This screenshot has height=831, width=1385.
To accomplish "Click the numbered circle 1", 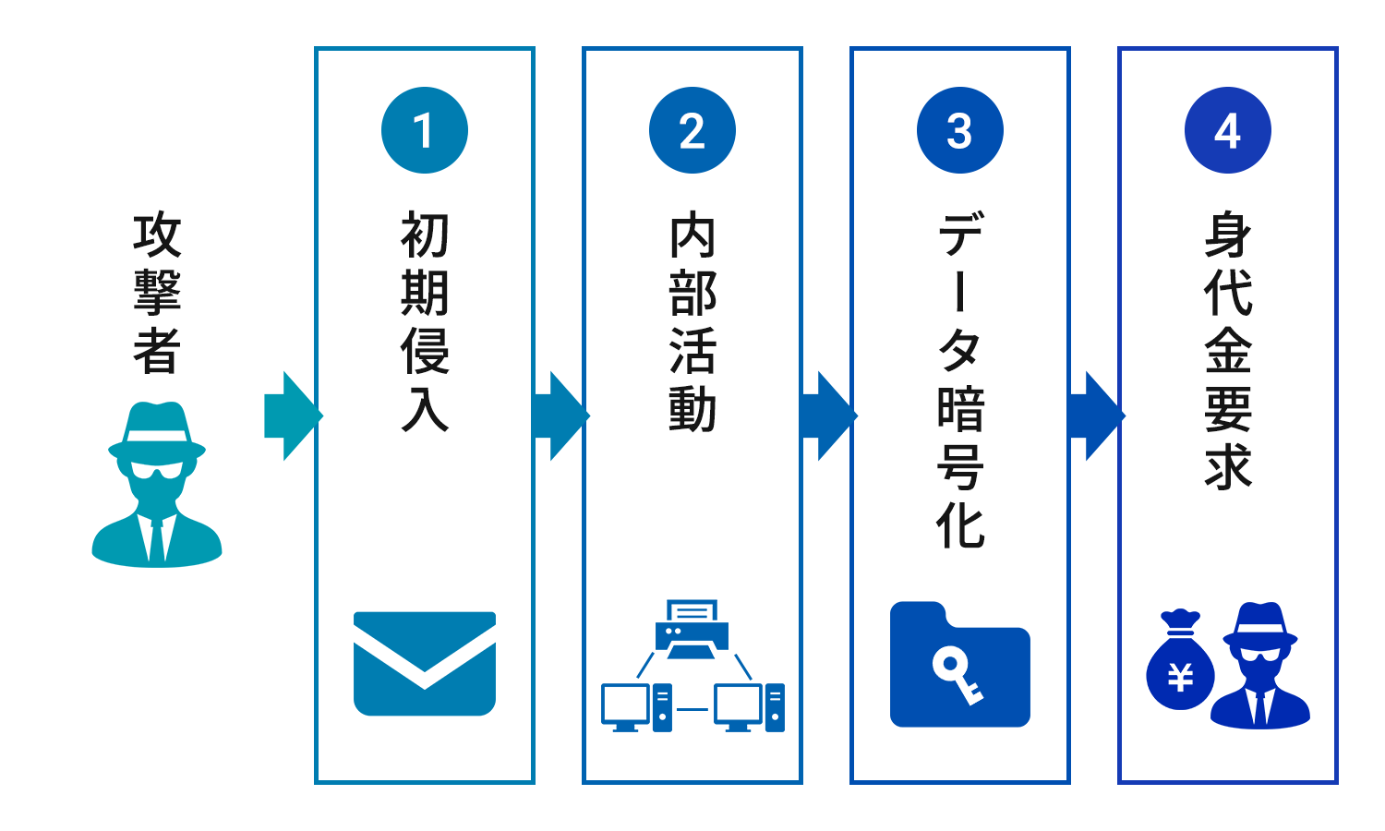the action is coord(425,130).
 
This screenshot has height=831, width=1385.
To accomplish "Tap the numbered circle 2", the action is coord(692,130).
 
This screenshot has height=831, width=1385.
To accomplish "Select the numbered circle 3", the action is coord(960,130).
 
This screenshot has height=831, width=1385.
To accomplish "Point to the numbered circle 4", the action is coord(1228,130).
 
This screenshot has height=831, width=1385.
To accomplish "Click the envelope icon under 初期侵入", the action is coord(425,664).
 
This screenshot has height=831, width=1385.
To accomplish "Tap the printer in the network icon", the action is coord(692,629).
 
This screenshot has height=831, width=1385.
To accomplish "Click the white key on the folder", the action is coord(957,679).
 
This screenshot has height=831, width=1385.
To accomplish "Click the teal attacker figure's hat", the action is coord(156,431).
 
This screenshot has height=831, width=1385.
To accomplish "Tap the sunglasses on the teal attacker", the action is coord(157,470).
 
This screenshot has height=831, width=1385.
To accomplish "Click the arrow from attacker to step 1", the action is coord(293,416).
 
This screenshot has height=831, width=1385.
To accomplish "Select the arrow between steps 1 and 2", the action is coord(560,416).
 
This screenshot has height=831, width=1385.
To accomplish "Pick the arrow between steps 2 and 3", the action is coord(828,416).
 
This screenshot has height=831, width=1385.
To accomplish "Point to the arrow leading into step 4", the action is coord(1096,416).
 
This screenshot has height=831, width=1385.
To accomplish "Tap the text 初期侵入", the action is coord(425,321).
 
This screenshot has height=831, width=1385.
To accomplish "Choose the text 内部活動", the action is coord(692,321).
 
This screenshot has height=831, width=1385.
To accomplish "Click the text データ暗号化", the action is coord(960,379).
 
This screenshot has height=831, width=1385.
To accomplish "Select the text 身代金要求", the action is coord(1228,350).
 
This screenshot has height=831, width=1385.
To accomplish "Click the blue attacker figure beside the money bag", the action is coord(1259,666).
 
